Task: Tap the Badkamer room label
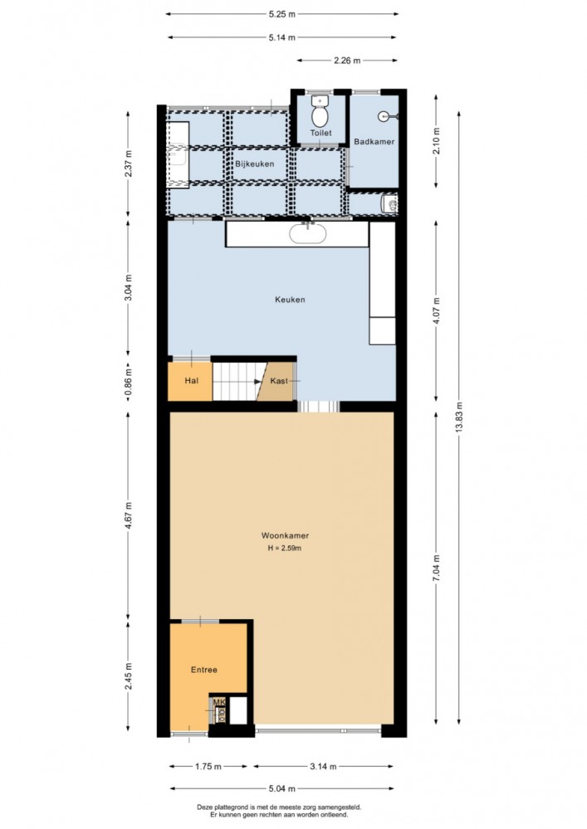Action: click(374, 142)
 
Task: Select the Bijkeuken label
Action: click(255, 164)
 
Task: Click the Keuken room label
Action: click(290, 300)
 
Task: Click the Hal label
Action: click(192, 381)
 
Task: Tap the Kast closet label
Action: click(279, 381)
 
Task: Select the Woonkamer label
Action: click(285, 535)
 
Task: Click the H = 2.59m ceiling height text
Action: click(285, 549)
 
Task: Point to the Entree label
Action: click(204, 670)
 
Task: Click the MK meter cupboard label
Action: click(219, 702)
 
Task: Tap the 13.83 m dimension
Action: click(459, 417)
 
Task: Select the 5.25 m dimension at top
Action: click(281, 14)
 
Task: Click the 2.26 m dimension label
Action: click(347, 61)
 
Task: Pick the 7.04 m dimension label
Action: click(436, 568)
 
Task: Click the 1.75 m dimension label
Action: click(208, 766)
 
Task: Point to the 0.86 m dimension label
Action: click(128, 381)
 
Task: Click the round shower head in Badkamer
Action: click(384, 116)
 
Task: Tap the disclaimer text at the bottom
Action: click(279, 811)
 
